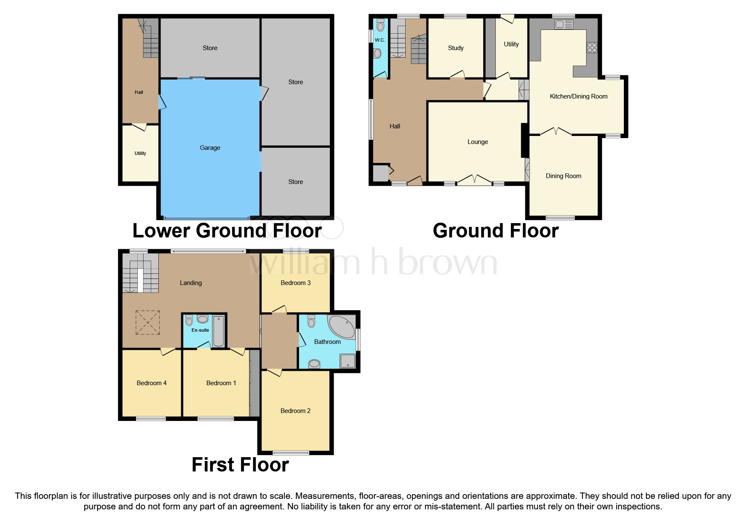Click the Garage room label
210,148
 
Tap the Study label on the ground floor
455,48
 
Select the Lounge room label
477,142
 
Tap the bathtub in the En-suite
218,331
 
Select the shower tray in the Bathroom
347,361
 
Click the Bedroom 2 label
295,411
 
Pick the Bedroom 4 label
152,383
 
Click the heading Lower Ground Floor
227,231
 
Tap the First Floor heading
240,465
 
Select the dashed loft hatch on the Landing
147,322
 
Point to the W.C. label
380,40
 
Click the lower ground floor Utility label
140,153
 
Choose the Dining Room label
563,176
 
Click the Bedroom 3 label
296,283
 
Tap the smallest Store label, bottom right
295,182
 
